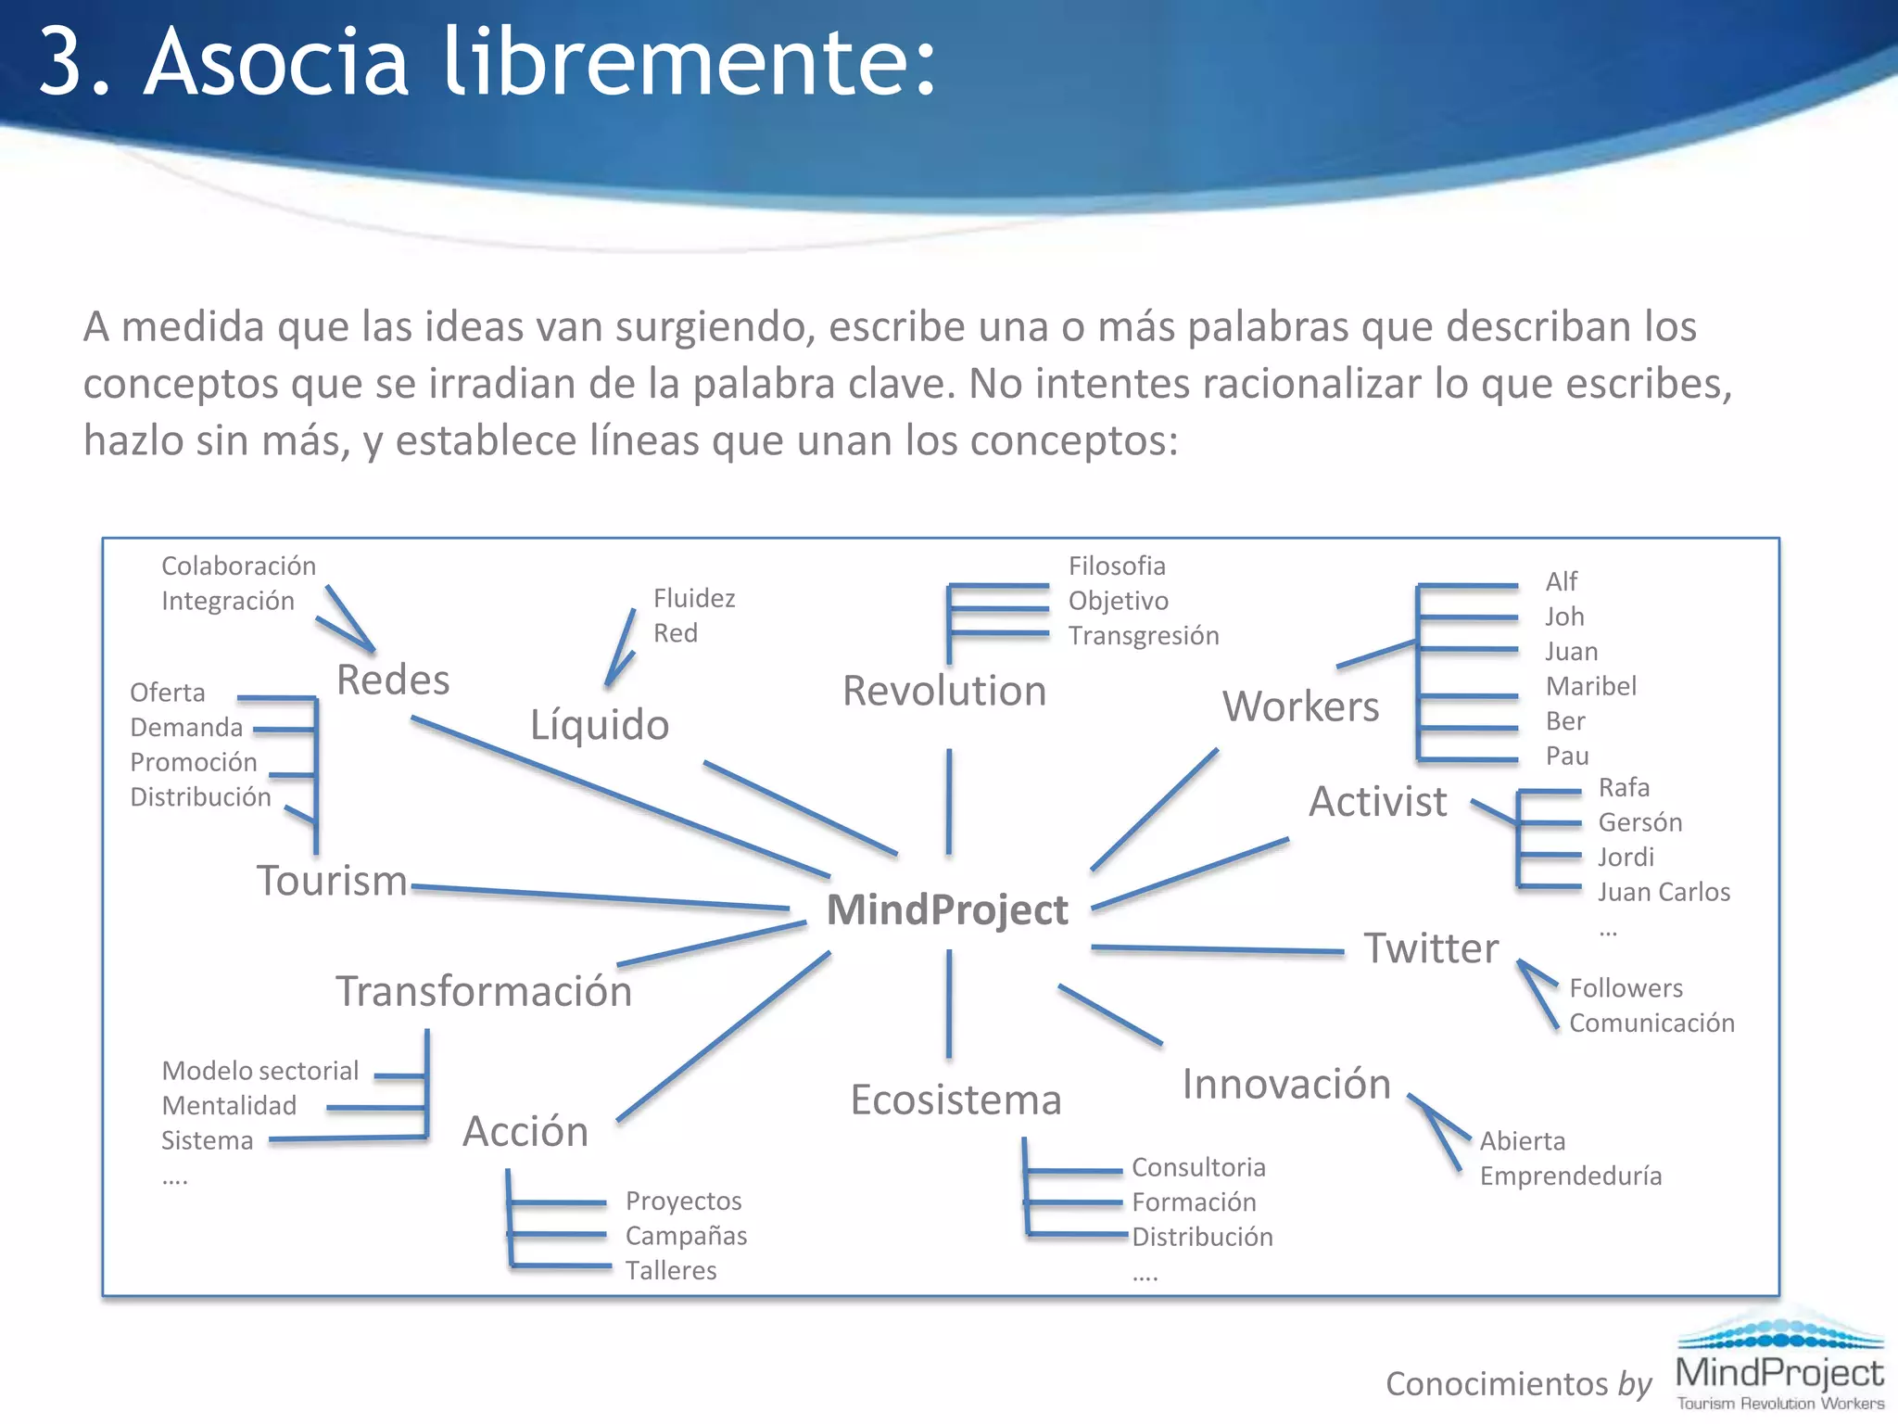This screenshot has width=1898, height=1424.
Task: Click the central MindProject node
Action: pos(946,909)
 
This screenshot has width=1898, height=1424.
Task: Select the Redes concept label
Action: pos(393,680)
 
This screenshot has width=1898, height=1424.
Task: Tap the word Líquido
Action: pos(600,724)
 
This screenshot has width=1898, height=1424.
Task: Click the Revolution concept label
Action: pos(944,691)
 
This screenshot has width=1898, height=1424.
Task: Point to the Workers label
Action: pos(1300,706)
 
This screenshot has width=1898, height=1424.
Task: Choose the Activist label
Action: pos(1377,801)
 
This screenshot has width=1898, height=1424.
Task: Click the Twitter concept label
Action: pos(1431,948)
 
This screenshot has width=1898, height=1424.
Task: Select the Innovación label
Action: pos(1286,1084)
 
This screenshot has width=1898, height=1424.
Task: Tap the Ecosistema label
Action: pos(955,1100)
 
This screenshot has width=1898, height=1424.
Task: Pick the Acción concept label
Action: pos(525,1131)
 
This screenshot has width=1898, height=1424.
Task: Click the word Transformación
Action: pos(484,991)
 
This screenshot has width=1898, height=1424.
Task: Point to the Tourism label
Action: pos(332,881)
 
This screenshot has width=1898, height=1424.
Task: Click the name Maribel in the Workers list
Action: pos(1590,686)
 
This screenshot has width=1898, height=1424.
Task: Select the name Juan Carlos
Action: pos(1664,892)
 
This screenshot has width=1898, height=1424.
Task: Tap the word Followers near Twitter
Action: pos(1626,988)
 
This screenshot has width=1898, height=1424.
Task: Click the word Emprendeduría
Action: pos(1570,1176)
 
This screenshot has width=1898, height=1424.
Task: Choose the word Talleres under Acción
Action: pos(670,1270)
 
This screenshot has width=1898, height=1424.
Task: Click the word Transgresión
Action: pos(1143,635)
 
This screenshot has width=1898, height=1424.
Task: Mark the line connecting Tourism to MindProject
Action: pos(602,897)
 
